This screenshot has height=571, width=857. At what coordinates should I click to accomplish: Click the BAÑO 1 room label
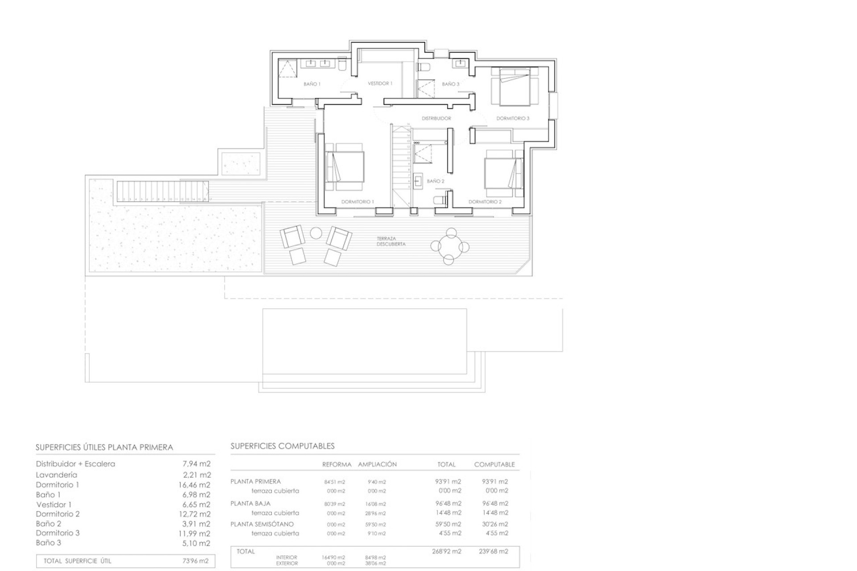[312, 84]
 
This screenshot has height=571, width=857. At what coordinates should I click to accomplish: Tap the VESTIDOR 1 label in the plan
[380, 83]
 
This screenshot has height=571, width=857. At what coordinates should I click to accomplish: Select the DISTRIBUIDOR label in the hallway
[437, 118]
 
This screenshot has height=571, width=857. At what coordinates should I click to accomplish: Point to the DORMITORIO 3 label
[513, 118]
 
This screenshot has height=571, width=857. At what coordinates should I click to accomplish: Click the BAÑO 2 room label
[435, 181]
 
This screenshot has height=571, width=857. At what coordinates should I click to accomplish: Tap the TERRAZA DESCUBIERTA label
[391, 241]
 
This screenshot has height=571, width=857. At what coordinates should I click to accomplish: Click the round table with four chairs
[450, 246]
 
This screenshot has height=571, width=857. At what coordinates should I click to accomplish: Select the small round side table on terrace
[316, 233]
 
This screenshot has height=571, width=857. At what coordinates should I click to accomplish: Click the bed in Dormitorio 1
[345, 166]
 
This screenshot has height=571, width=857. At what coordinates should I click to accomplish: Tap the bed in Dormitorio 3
[515, 87]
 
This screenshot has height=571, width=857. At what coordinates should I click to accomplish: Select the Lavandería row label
[56, 475]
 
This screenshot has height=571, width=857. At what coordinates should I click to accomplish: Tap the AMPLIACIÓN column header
[377, 464]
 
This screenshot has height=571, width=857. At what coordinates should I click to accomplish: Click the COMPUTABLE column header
[494, 464]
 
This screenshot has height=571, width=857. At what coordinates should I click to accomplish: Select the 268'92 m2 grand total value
[446, 551]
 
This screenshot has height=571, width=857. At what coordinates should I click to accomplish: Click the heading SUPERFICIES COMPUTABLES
[282, 446]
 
